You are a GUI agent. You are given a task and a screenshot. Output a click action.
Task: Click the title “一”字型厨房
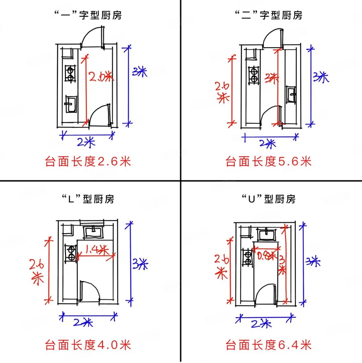87,15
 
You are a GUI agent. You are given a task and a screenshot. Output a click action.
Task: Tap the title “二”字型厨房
268,15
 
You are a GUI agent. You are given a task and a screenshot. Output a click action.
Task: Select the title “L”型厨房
87,199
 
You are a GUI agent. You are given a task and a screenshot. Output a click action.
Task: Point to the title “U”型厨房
268,199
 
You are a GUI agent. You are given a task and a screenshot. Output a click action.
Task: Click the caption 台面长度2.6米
87,162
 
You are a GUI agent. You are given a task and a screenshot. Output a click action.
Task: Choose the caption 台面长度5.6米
268,162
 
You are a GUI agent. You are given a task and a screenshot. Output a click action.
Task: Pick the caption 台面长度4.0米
87,345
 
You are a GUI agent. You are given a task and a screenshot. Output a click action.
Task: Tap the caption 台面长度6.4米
268,345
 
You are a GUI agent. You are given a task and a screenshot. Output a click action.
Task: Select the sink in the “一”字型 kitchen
71,104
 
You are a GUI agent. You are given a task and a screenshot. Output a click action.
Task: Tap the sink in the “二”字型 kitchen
291,94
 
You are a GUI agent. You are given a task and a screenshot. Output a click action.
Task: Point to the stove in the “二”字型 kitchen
253,75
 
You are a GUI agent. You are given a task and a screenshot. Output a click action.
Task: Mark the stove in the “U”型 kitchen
248,258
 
